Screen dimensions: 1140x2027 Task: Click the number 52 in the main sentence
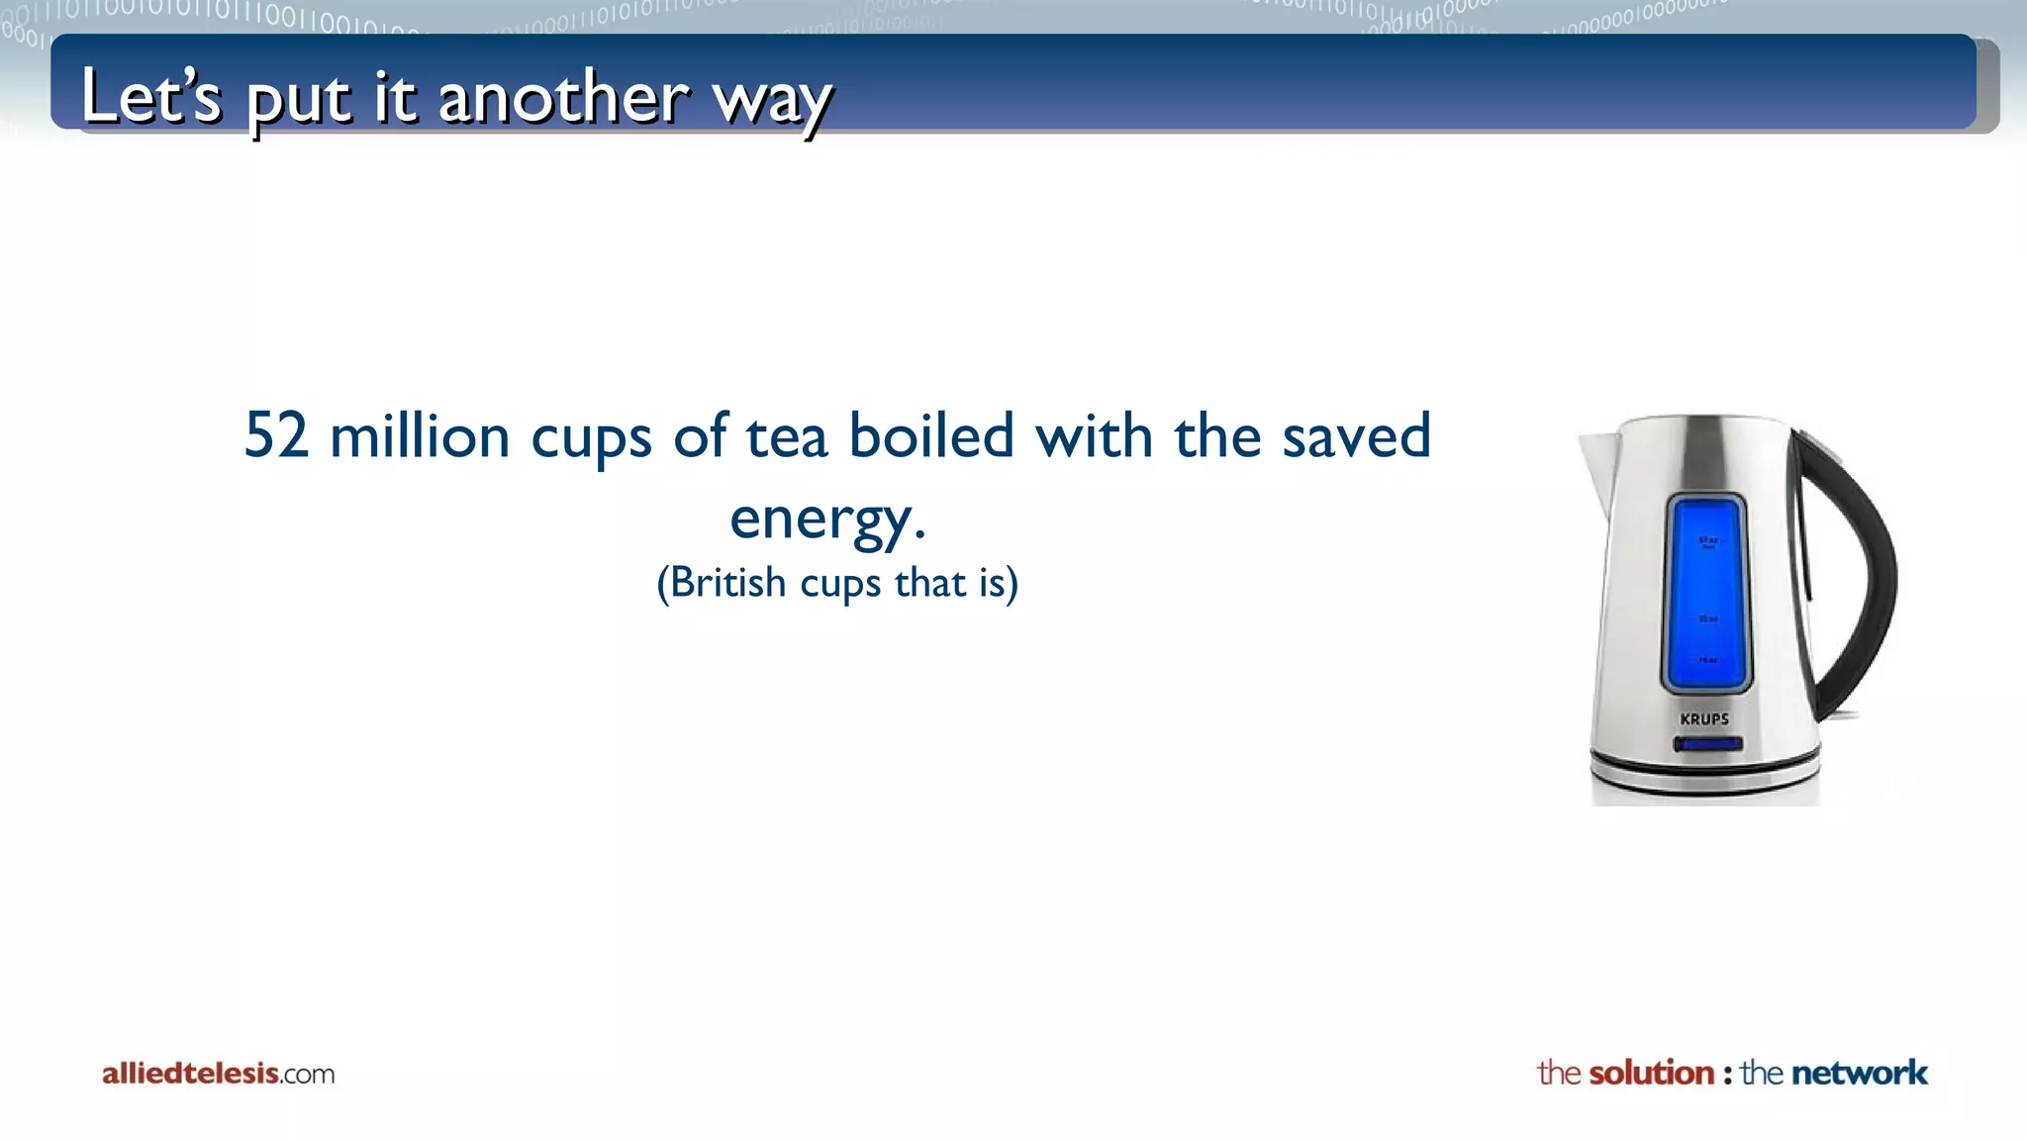276,435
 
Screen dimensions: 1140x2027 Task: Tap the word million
420,437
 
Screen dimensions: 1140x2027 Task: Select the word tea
786,437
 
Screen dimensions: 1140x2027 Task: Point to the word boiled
931,435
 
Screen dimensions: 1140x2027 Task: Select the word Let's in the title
151,96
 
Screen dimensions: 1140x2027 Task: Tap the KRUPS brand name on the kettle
1704,719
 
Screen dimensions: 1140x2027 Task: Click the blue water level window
1707,594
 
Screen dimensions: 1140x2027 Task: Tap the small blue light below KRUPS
1707,744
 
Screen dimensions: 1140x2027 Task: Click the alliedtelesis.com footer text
218,1074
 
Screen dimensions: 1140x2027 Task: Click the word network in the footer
1859,1073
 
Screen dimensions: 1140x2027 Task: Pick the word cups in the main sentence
591,437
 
